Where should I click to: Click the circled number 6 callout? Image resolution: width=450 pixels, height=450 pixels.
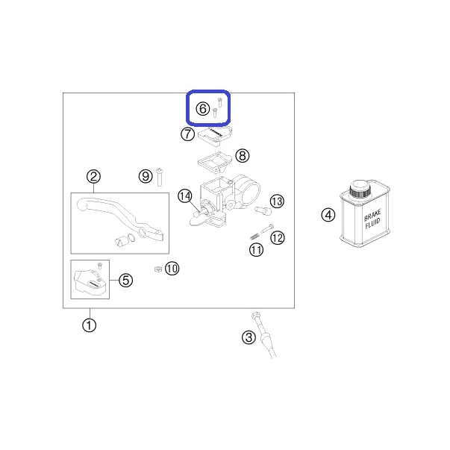click(x=203, y=109)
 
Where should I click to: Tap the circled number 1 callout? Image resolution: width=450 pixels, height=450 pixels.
click(x=90, y=325)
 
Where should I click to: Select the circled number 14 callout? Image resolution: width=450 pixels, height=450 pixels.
click(x=185, y=196)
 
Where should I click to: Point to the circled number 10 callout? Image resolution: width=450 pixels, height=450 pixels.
click(x=172, y=269)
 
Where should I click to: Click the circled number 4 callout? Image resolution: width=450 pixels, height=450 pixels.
click(x=328, y=215)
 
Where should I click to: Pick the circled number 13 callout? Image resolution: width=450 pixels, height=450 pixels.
click(x=277, y=201)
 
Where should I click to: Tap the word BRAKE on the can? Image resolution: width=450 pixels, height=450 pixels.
click(x=372, y=215)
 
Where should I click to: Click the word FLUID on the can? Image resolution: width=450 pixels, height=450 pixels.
click(x=373, y=223)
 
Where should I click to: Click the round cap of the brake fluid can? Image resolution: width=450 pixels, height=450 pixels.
click(x=360, y=188)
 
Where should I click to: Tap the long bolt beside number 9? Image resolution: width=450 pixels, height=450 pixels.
click(x=160, y=177)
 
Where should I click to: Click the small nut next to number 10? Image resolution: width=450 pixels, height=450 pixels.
click(x=158, y=269)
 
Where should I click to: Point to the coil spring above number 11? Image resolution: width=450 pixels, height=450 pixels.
click(x=254, y=237)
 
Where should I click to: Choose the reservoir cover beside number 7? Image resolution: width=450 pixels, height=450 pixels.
click(x=215, y=136)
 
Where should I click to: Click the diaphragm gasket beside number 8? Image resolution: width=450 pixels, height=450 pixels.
click(x=215, y=162)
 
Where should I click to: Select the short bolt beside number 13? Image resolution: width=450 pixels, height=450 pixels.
click(x=263, y=210)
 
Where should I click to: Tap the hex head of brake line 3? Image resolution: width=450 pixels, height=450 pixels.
click(x=254, y=316)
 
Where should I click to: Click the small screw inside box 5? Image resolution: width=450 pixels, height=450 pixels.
click(x=100, y=266)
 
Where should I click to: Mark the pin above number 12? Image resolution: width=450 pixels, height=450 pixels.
click(x=267, y=229)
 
